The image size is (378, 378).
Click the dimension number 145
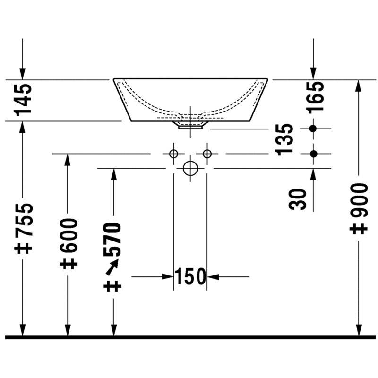23,100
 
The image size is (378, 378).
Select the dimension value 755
24,220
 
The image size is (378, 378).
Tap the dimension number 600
69,235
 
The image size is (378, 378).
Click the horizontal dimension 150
190,276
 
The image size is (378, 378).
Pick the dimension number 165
315,97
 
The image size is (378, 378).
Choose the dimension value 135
284,140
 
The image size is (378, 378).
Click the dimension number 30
298,199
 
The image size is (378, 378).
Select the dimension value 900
359,200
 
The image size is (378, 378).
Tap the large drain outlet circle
190,161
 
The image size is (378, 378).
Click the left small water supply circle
173,154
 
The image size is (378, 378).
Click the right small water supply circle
207,154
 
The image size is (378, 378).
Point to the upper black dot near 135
313,129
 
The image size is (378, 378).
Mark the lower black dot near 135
313,154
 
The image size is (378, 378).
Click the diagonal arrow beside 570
112,267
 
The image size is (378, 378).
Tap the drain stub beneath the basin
190,125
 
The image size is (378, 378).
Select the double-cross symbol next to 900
359,229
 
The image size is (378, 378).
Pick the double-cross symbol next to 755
23,249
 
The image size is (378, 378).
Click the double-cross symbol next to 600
69,264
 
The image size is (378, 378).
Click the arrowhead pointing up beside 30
313,174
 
